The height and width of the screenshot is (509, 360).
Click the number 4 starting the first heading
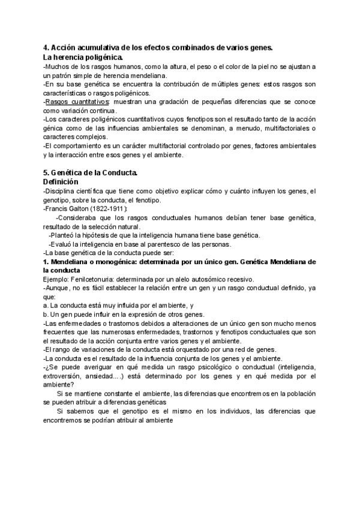tap(46, 47)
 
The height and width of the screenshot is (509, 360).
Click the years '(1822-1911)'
tap(118, 208)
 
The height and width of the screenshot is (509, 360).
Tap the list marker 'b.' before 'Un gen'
tap(46, 315)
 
